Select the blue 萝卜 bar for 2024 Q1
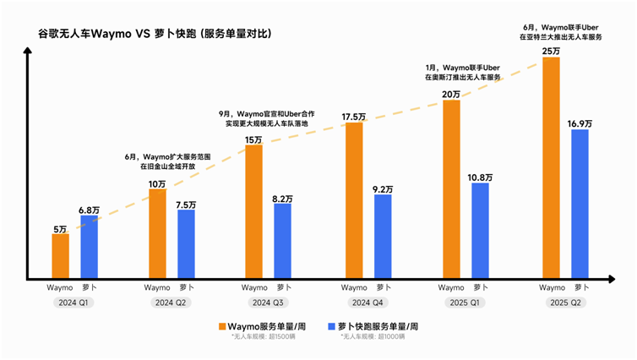coord(89,247)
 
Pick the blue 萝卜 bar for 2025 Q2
coord(580,204)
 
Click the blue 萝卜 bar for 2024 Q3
coord(282,241)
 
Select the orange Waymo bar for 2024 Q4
coord(354,200)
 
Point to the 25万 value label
coord(551,51)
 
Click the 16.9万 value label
coord(580,123)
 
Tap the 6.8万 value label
coord(89,209)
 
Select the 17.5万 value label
coord(354,116)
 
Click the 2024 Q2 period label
coord(171,302)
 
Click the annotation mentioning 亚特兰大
coord(559,31)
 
